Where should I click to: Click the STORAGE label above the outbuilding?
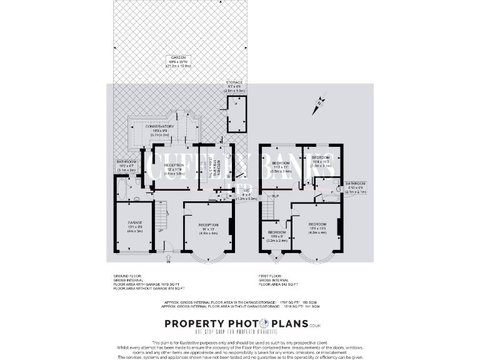(234, 82)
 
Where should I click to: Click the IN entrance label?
(167, 262)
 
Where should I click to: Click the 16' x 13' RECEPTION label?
(208, 225)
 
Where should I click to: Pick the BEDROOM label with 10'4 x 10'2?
(321, 157)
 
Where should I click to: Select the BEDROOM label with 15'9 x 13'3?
(317, 224)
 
